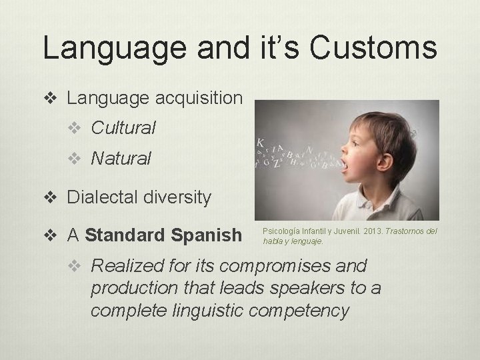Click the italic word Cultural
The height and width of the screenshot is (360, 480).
click(123, 127)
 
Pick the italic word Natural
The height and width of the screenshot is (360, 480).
click(121, 158)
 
